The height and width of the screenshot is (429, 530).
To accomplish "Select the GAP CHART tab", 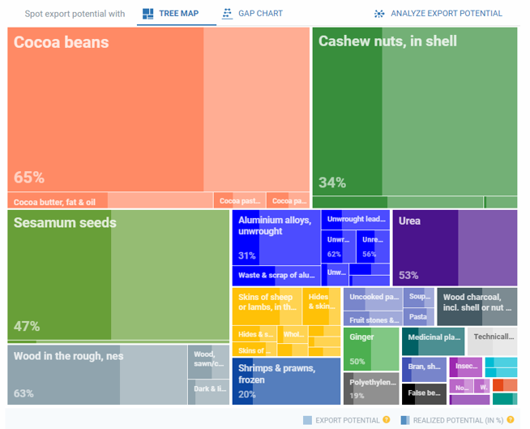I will [252, 14].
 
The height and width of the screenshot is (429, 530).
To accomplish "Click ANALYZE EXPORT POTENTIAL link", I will [438, 14].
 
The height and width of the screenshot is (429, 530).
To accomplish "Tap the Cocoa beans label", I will [61, 42].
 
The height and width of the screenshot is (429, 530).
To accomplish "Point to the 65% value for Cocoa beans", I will [29, 178].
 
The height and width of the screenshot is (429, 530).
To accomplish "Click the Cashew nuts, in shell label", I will [387, 41].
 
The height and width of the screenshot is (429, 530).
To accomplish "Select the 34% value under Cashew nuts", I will [332, 182].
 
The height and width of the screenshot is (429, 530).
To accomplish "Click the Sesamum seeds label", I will [65, 222].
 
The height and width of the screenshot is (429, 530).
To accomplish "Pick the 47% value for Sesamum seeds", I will [27, 326].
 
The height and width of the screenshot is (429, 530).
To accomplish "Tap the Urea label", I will [409, 221].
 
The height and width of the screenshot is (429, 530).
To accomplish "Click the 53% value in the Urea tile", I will [408, 275].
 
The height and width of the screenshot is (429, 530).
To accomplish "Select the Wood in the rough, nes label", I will [69, 356].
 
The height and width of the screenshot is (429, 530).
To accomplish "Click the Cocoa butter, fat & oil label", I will [55, 202].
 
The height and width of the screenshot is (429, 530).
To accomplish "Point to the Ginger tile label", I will [361, 337].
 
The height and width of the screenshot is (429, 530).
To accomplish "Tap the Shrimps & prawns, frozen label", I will [275, 373].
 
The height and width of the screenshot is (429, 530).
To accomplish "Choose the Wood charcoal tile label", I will [477, 302].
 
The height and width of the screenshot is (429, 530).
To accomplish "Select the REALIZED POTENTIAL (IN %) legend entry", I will [458, 420].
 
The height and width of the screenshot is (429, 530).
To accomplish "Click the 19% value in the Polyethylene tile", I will [357, 396].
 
